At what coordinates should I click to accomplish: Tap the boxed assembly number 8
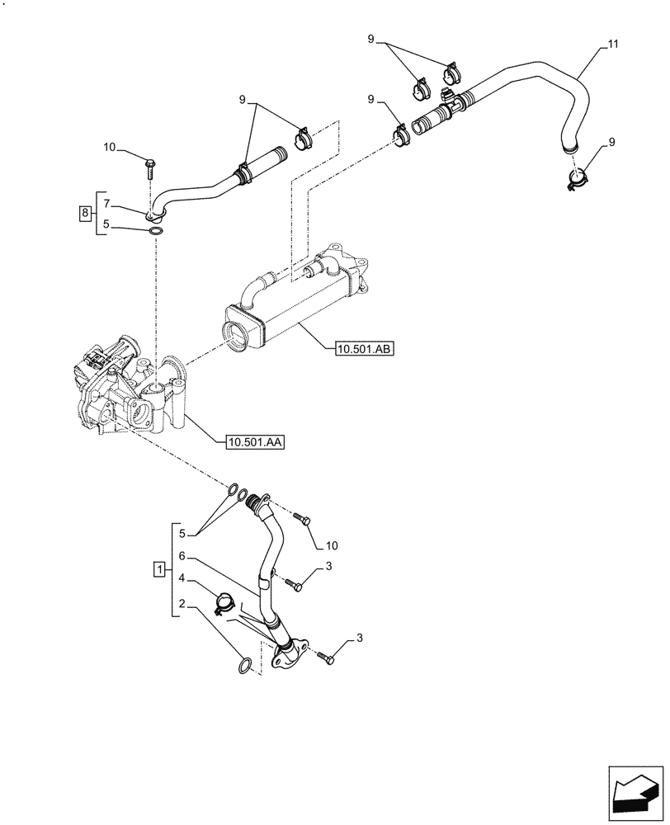(x=85, y=214)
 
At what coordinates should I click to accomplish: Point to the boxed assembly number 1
(x=158, y=568)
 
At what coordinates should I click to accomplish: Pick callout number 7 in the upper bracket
(x=106, y=204)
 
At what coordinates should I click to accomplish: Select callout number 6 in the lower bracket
(x=182, y=558)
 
